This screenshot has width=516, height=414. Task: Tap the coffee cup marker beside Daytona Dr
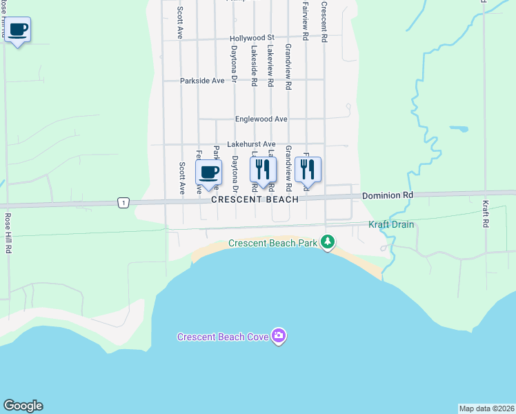pyautogui.click(x=208, y=172)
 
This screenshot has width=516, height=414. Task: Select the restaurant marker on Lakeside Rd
pyautogui.click(x=263, y=169)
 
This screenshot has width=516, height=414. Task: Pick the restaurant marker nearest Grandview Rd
pyautogui.click(x=308, y=169)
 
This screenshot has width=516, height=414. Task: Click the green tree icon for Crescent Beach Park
pyautogui.click(x=329, y=242)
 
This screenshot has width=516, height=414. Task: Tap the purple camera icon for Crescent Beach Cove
pyautogui.click(x=279, y=336)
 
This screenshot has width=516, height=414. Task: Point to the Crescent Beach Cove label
pyautogui.click(x=224, y=337)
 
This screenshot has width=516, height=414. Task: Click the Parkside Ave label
pyautogui.click(x=202, y=81)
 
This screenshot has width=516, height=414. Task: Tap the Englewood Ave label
pyautogui.click(x=261, y=119)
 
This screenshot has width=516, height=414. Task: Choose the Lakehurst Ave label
pyautogui.click(x=251, y=144)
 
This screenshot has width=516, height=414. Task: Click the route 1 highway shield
pyautogui.click(x=122, y=202)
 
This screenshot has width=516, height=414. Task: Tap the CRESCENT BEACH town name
pyautogui.click(x=255, y=199)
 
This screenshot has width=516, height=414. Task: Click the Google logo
pyautogui.click(x=23, y=406)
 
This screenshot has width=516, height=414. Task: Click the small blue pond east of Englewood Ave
pyautogui.click(x=459, y=128)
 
